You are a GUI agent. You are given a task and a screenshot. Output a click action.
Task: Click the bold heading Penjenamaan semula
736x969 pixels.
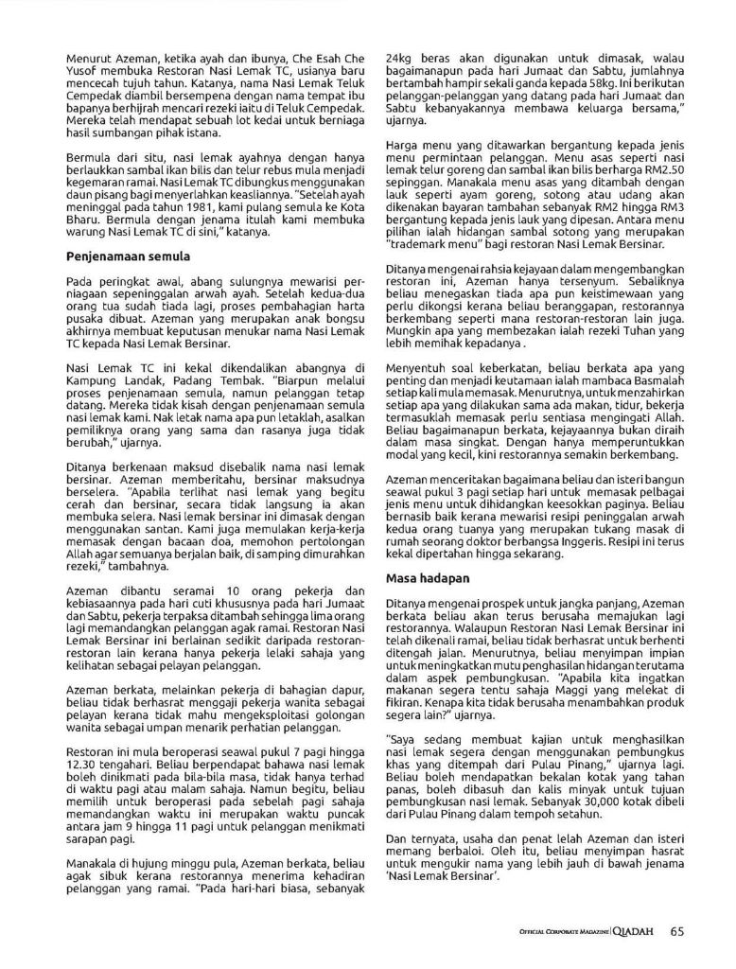[129, 255]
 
